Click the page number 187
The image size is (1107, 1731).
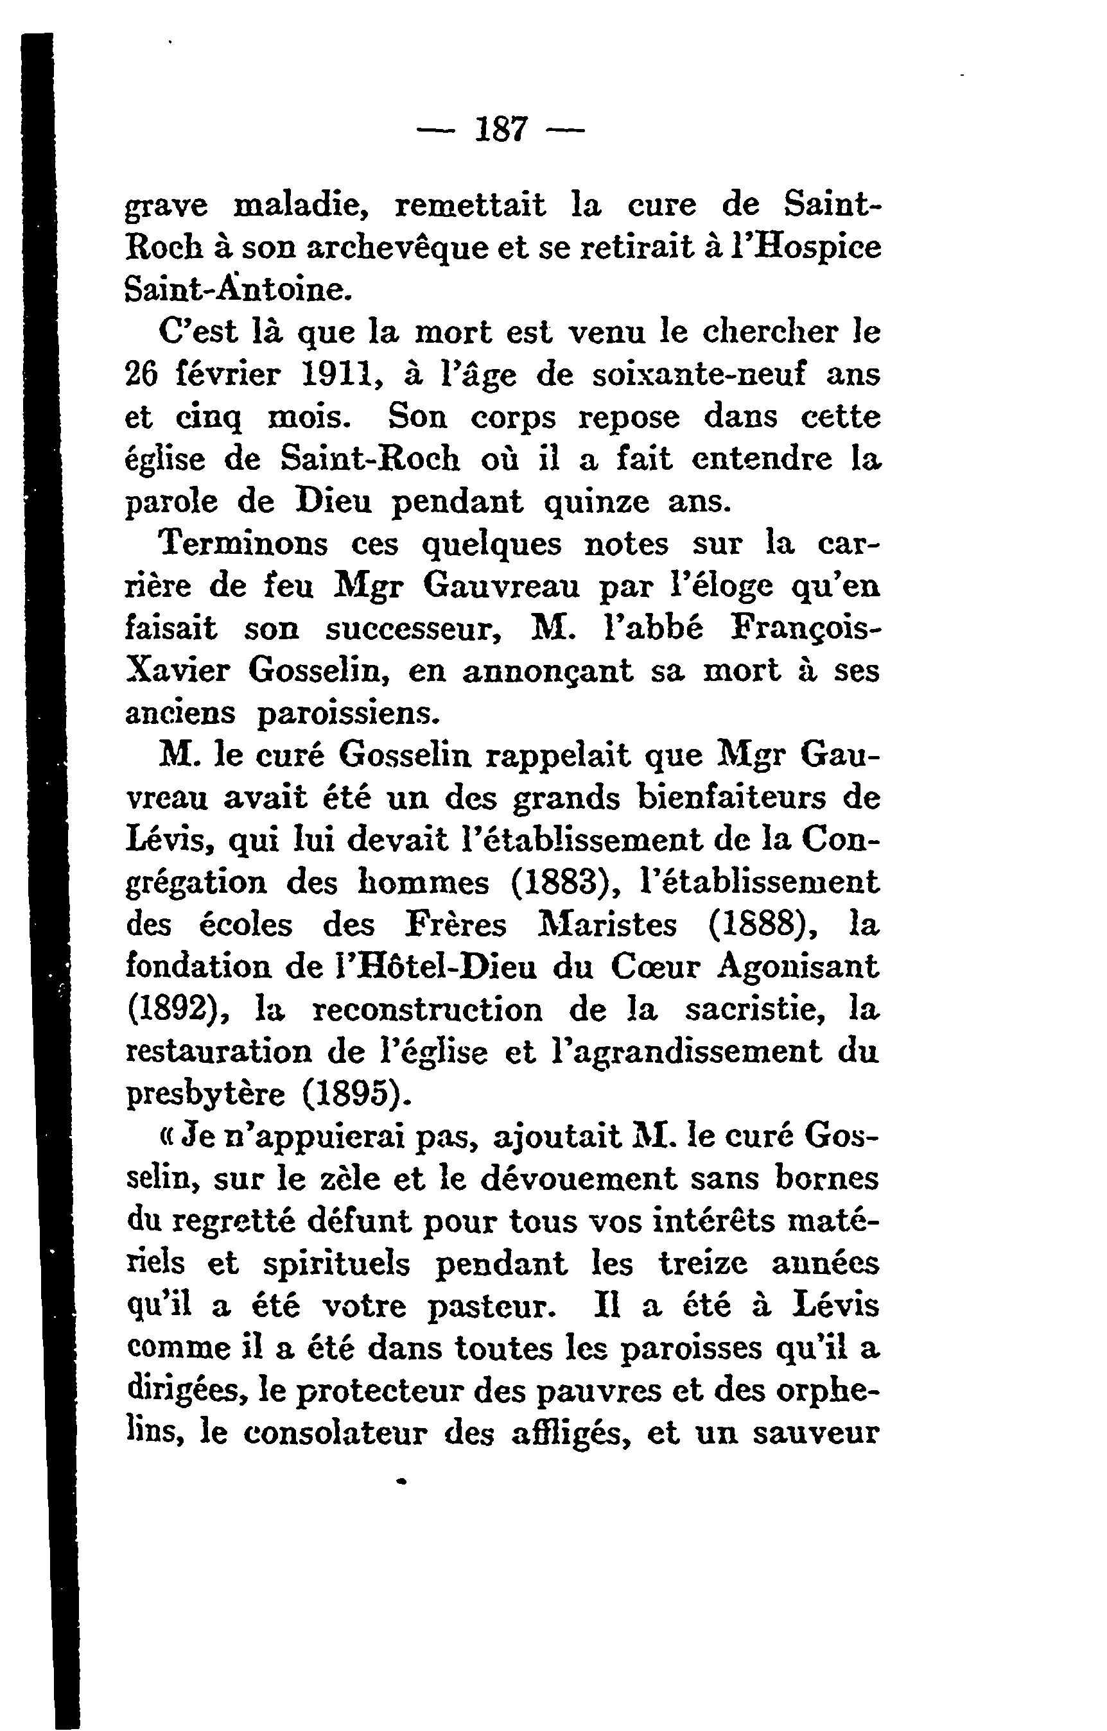click(501, 131)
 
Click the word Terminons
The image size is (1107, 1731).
click(243, 544)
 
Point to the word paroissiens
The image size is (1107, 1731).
click(348, 713)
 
